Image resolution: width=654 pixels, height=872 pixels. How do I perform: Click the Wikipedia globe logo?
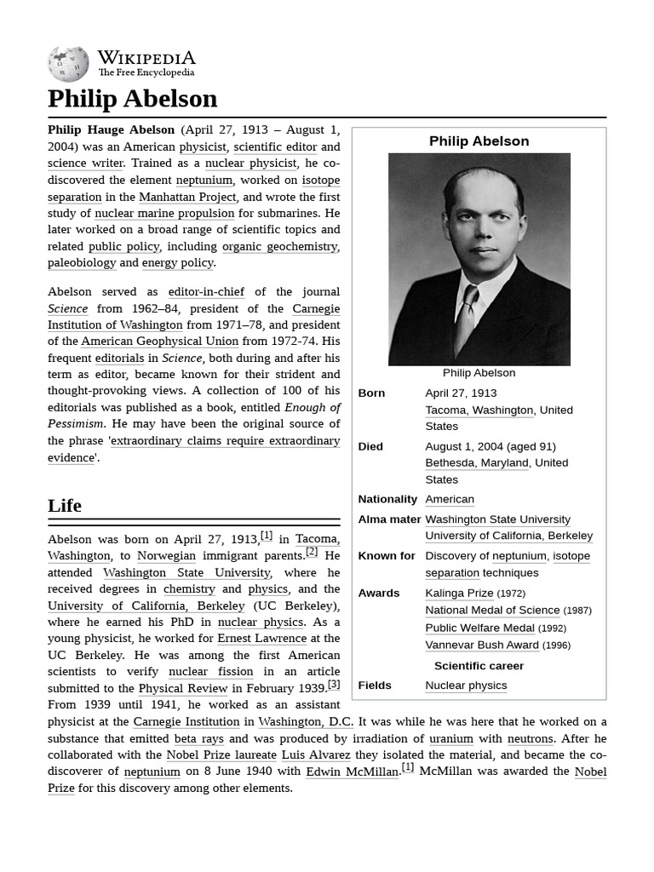tap(68, 64)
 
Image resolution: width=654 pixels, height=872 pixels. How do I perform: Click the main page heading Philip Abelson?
tap(132, 99)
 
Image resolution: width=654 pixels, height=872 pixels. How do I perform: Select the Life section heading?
tap(65, 506)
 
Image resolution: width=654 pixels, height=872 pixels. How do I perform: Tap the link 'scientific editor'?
tap(274, 146)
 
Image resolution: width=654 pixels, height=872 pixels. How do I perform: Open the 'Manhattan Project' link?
tap(187, 197)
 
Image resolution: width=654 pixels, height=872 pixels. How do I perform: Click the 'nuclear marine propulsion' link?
tap(164, 213)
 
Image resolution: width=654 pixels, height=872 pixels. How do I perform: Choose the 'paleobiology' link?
tap(82, 262)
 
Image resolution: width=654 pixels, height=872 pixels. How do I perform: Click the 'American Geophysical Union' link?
tap(160, 341)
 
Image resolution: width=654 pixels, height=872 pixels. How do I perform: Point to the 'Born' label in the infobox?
tap(371, 393)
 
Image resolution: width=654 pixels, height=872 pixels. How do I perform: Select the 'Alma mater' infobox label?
tap(389, 519)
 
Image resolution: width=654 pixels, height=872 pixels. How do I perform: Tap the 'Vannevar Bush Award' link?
tap(482, 645)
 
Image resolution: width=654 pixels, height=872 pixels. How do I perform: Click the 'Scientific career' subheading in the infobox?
tap(479, 666)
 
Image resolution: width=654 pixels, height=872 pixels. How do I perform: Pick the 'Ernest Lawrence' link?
tap(261, 639)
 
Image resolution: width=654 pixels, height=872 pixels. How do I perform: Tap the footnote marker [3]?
tap(334, 684)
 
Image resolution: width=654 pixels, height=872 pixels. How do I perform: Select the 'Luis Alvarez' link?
tap(316, 754)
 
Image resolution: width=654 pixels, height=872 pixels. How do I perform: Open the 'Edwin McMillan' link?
tap(352, 772)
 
